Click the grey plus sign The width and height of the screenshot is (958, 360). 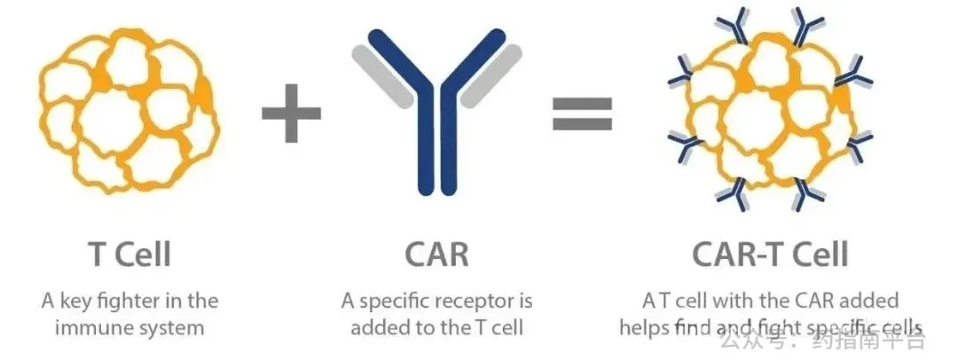pos(292,113)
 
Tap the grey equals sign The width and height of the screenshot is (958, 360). pos(582,113)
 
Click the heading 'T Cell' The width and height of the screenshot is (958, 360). pos(130,254)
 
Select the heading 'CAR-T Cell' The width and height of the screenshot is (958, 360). pos(770,254)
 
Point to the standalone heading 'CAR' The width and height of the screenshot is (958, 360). pos(436,254)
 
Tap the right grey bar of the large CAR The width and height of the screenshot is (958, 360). pos(491,75)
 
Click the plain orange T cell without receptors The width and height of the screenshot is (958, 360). pos(129,111)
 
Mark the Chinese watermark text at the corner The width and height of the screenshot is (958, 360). pos(823,340)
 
